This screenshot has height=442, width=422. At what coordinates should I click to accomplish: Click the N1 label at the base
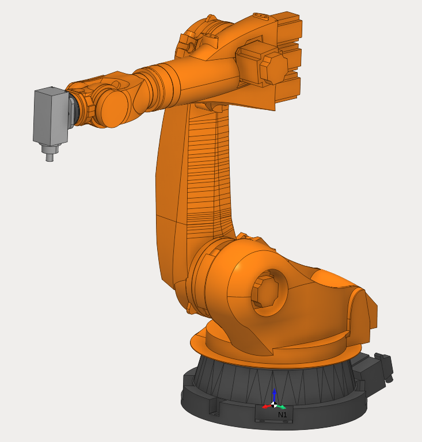282,414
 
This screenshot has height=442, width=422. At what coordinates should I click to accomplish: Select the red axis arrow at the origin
267,406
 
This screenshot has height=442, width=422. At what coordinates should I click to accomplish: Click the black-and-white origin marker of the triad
274,405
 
